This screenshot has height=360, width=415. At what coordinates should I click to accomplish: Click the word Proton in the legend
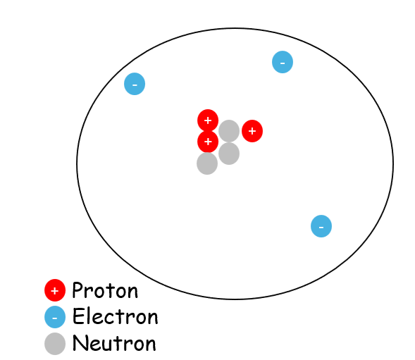[105, 290]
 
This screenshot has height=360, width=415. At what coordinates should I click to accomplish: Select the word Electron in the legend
[115, 316]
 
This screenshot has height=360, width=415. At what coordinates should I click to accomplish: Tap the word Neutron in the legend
[114, 343]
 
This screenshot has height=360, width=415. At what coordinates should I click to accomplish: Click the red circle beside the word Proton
[55, 290]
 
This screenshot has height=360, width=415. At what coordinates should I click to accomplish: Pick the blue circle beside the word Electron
[55, 317]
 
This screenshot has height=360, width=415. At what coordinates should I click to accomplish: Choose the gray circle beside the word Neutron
[55, 344]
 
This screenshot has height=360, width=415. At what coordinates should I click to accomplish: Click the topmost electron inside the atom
[283, 62]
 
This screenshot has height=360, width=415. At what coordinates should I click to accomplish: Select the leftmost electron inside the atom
[135, 84]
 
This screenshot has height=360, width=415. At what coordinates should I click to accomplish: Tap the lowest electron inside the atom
[321, 226]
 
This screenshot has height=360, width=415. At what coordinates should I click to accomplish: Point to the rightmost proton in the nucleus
[252, 131]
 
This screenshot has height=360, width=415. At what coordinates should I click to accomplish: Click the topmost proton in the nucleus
[208, 120]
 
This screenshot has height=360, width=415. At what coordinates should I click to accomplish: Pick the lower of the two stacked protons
[208, 142]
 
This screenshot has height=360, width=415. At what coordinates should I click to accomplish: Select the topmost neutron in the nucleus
[229, 131]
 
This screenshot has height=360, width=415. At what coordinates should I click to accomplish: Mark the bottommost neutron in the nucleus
[207, 163]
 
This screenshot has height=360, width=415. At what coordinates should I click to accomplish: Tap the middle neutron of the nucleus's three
[229, 154]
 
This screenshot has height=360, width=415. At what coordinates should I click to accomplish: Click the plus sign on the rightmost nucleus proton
[252, 131]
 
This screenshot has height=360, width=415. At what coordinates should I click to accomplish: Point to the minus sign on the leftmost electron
[135, 85]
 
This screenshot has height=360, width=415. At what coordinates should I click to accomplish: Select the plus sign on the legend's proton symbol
[55, 291]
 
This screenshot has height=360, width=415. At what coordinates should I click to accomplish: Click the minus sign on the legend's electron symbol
[55, 318]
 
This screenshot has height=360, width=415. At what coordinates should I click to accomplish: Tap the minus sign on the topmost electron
[283, 63]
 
